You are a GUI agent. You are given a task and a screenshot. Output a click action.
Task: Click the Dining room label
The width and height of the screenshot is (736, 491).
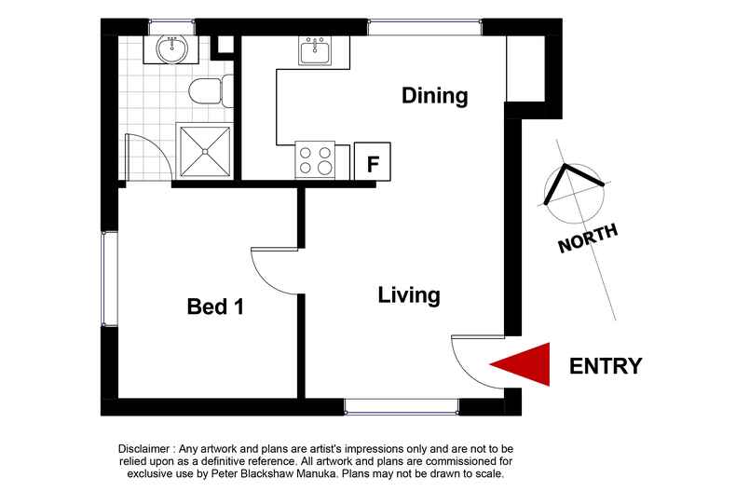pyautogui.click(x=434, y=95)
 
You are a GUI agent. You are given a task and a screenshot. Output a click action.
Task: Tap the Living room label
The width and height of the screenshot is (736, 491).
pyautogui.click(x=408, y=295)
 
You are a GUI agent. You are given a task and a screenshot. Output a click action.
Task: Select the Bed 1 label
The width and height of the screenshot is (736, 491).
pyautogui.click(x=215, y=306)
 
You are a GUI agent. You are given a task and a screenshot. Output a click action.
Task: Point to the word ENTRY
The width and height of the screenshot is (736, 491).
pyautogui.click(x=606, y=365)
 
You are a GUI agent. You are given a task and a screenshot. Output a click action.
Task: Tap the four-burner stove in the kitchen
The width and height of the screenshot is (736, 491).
pyautogui.click(x=315, y=159)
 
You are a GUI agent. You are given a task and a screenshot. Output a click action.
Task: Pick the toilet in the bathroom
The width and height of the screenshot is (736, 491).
pyautogui.click(x=202, y=91)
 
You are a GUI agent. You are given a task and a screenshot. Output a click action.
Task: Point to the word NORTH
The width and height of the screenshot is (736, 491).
pyautogui.click(x=587, y=239)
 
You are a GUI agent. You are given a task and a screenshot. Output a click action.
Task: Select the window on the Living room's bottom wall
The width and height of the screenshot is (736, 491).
pyautogui.click(x=402, y=405)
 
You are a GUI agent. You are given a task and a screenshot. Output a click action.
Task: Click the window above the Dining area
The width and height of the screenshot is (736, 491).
pyautogui.click(x=424, y=27)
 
